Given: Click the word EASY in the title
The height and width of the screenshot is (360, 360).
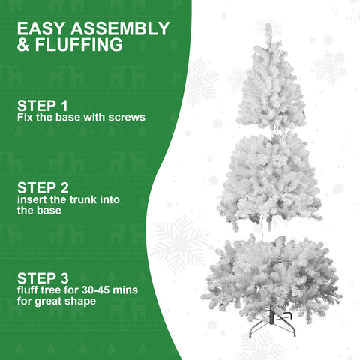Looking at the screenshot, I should (x=40, y=29).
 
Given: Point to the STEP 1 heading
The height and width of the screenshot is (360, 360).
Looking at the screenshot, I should (x=42, y=105).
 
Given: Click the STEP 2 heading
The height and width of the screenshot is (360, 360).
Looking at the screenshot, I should (x=43, y=189).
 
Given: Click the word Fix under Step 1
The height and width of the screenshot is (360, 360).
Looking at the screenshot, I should (x=25, y=118).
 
